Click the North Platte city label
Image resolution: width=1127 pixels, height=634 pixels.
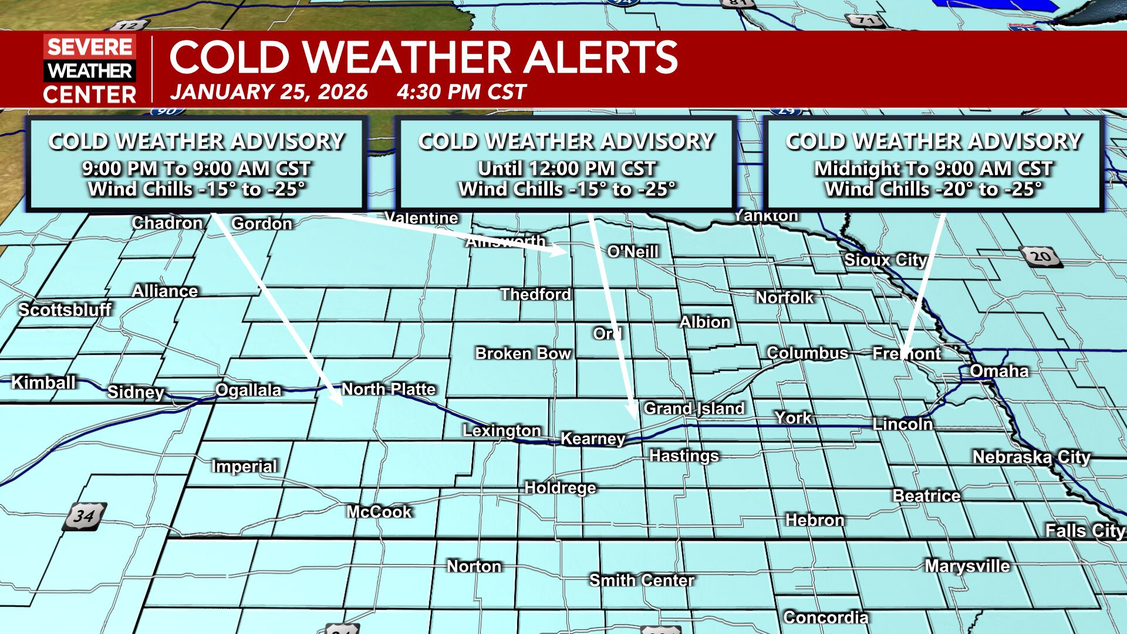tap(388, 389)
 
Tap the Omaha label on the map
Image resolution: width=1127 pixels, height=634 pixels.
tap(999, 371)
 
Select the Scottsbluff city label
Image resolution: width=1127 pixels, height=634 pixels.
tap(65, 309)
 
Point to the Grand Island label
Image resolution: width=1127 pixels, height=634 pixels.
tap(694, 409)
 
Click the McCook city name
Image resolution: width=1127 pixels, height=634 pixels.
tap(379, 512)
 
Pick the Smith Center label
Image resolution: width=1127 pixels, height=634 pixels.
tap(642, 581)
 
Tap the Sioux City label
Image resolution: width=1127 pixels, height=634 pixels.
tap(885, 260)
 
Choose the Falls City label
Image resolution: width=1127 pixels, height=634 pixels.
tap(1085, 531)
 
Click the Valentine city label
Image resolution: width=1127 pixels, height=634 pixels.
tap(421, 218)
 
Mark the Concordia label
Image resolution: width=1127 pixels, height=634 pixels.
tap(825, 618)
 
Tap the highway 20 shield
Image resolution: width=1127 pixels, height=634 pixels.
tap(1041, 257)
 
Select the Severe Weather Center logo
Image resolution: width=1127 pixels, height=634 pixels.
tap(90, 69)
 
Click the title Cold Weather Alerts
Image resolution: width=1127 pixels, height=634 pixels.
tap(423, 58)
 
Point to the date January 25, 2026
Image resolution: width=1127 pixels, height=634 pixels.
tap(269, 92)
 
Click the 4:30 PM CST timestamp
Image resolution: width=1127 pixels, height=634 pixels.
tap(461, 92)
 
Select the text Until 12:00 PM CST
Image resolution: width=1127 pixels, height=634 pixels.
tap(566, 169)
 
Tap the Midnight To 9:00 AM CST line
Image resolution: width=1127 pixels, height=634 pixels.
tap(933, 169)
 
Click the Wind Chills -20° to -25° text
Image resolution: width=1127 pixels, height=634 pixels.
tap(933, 189)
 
